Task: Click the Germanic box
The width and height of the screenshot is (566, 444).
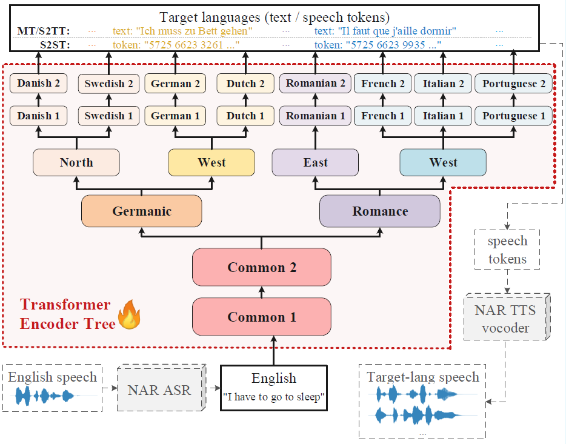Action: pyautogui.click(x=141, y=211)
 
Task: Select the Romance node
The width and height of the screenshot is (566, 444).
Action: pyautogui.click(x=380, y=211)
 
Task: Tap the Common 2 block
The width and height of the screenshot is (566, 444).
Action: pyautogui.click(x=262, y=267)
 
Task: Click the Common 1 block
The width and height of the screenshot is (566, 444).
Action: pyautogui.click(x=262, y=317)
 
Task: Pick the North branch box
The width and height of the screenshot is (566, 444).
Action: pyautogui.click(x=76, y=162)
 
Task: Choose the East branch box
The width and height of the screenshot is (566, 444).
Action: pyautogui.click(x=315, y=162)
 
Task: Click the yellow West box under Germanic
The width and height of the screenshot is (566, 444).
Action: pyautogui.click(x=211, y=162)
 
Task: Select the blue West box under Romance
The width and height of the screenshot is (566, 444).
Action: pyautogui.click(x=443, y=162)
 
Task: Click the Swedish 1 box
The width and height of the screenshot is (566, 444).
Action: pyautogui.click(x=108, y=116)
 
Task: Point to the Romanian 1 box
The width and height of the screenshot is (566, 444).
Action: pyautogui.click(x=315, y=116)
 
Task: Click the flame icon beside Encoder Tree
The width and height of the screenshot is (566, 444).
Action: pyautogui.click(x=128, y=316)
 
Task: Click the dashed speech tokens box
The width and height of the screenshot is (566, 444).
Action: pyautogui.click(x=508, y=250)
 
